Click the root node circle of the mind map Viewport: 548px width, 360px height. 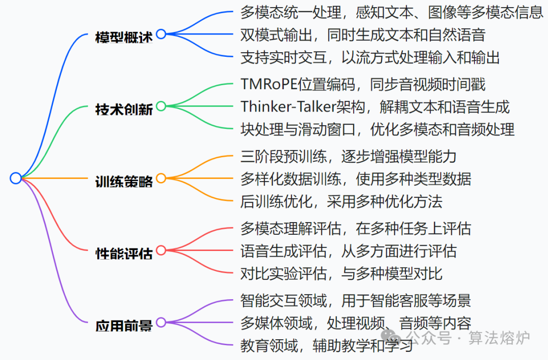16,178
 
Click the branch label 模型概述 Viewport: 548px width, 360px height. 124,37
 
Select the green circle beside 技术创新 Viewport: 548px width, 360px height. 161,106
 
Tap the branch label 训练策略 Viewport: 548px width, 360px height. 124,182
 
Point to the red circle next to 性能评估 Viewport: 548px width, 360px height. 161,250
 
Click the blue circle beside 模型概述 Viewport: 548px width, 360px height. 161,34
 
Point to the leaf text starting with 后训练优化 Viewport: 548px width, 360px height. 341,201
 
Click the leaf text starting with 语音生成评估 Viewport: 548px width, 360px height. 348,250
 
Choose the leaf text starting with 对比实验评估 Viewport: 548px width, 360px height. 341,273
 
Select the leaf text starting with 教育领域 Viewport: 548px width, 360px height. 327,346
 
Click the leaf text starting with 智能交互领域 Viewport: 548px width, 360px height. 355,300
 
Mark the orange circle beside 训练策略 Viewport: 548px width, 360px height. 161,178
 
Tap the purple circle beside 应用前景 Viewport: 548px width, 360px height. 161,322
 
